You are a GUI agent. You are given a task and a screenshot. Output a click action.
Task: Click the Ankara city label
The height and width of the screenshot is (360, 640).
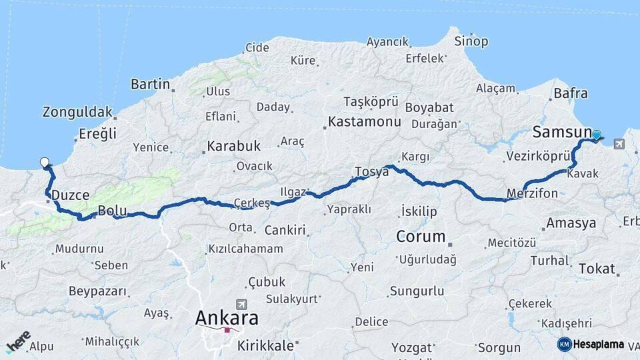227,318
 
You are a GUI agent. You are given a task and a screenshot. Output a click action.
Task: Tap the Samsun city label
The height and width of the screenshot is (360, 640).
562,132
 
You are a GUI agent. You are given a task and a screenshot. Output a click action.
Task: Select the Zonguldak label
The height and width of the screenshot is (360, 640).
78,112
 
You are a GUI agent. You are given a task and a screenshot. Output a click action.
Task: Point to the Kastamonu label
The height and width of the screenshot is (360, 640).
365,122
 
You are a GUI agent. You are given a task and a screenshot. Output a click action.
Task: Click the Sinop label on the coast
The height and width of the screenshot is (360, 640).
471,41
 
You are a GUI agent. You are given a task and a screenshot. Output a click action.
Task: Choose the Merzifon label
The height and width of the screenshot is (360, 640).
532,193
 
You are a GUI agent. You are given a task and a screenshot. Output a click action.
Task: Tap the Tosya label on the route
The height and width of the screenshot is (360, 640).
372,171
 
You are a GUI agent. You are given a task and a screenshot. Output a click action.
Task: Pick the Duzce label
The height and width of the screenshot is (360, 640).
70,195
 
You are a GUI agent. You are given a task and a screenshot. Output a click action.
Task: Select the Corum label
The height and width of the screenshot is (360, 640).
421,236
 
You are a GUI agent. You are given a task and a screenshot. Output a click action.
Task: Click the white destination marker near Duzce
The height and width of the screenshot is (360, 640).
45,162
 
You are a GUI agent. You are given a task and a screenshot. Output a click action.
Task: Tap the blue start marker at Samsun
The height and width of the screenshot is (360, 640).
596,135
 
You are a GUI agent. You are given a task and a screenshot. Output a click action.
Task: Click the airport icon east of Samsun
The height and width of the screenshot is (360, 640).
620,143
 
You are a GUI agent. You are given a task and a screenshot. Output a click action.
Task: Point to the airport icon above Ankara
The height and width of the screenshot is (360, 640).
241,303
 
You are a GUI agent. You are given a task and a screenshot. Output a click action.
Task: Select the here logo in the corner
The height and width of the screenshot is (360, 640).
18,341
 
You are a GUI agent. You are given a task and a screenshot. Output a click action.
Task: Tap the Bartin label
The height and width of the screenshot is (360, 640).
151,84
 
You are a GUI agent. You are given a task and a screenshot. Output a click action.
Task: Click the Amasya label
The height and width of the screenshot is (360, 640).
571,223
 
